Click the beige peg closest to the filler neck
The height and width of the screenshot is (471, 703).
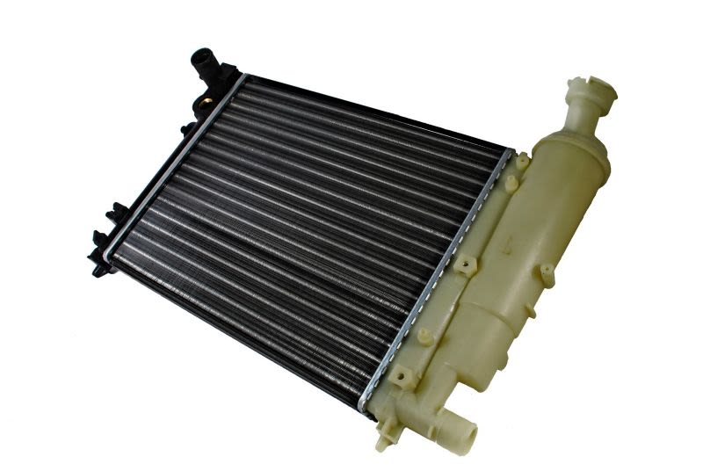[x=523, y=163]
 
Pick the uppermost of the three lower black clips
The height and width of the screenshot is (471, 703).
[x=116, y=212]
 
